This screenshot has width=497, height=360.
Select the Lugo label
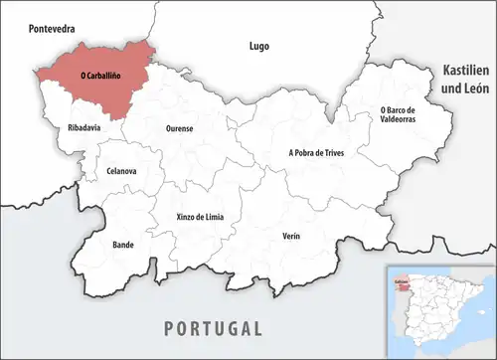[x=258, y=46]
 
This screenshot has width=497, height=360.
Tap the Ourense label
[x=179, y=129]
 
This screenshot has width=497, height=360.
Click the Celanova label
[x=121, y=171]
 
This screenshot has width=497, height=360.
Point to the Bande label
[x=123, y=244]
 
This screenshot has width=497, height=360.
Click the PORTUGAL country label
[x=214, y=328]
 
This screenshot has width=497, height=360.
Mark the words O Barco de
[x=401, y=108]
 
